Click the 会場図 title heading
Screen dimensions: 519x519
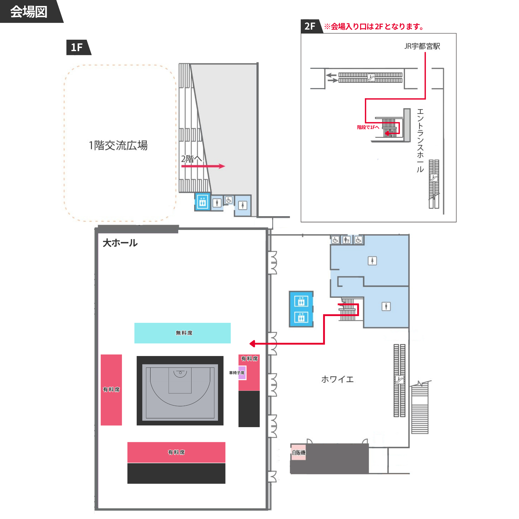(x=29, y=12)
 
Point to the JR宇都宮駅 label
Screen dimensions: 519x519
(x=422, y=46)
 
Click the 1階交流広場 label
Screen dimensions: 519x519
(x=118, y=145)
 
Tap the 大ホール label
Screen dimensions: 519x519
(x=120, y=243)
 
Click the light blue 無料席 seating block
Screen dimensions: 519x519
(x=182, y=333)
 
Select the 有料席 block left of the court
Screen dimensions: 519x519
(x=111, y=390)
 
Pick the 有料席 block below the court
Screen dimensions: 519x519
(x=176, y=452)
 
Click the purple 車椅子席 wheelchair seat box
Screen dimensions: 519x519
(x=242, y=373)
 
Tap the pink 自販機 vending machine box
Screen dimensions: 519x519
(x=298, y=453)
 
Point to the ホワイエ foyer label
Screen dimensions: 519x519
(x=337, y=379)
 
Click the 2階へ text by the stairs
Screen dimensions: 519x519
(x=191, y=159)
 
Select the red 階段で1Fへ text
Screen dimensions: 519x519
(x=368, y=127)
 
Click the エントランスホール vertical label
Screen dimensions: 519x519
(x=420, y=140)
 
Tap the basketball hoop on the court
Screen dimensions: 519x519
(x=180, y=373)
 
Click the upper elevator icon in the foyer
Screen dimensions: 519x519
(x=301, y=301)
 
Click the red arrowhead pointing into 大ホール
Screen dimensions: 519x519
(x=252, y=343)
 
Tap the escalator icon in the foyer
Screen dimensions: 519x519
(x=399, y=380)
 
